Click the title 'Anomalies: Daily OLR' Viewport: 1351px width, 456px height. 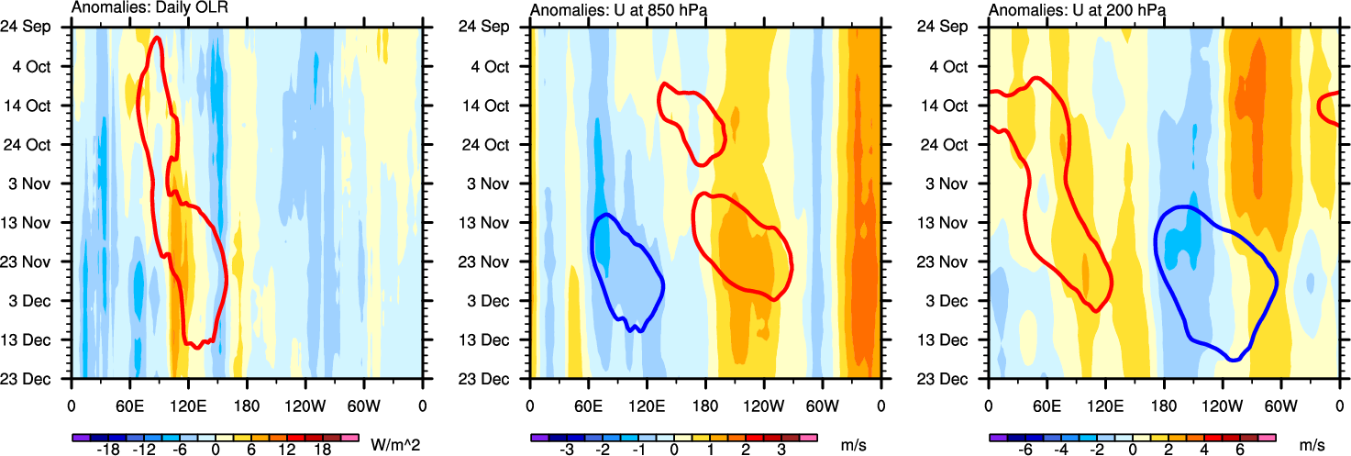[x=149, y=10]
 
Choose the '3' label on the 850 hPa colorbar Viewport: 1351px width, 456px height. [x=781, y=450]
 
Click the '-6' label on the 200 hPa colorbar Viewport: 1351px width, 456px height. [x=1024, y=450]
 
